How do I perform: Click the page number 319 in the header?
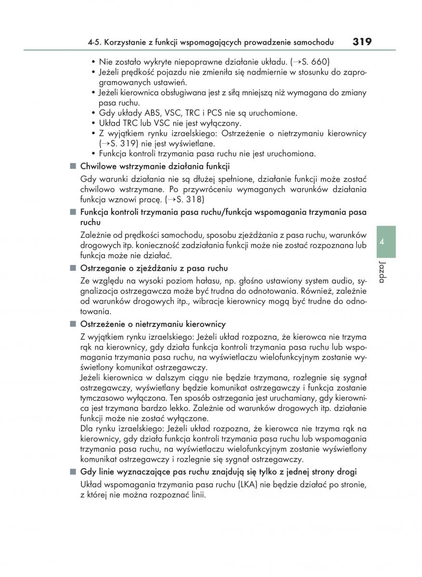point(361,42)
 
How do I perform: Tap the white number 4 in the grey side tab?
point(382,242)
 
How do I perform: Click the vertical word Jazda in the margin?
point(382,272)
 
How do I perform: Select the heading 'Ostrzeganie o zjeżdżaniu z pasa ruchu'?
point(154,268)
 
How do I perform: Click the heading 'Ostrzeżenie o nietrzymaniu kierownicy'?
point(153,324)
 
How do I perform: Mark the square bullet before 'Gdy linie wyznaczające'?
point(73,472)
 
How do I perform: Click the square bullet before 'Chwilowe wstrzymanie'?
point(73,166)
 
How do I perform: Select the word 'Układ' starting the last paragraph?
point(90,484)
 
